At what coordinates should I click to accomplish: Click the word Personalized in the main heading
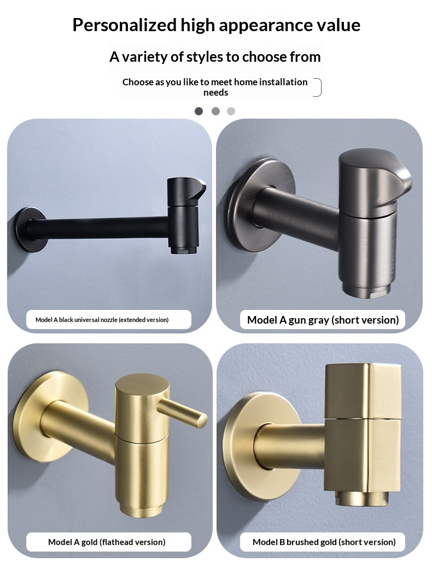[x=125, y=26]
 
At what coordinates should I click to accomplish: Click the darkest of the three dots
[x=199, y=111]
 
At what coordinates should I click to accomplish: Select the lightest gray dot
[x=231, y=111]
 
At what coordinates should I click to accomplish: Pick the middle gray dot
[x=215, y=111]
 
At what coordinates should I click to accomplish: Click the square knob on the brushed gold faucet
[x=363, y=390]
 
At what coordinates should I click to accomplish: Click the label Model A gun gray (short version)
[x=323, y=320]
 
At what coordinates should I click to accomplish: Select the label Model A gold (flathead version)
[x=107, y=542]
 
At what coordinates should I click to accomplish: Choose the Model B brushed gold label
[x=324, y=542]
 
